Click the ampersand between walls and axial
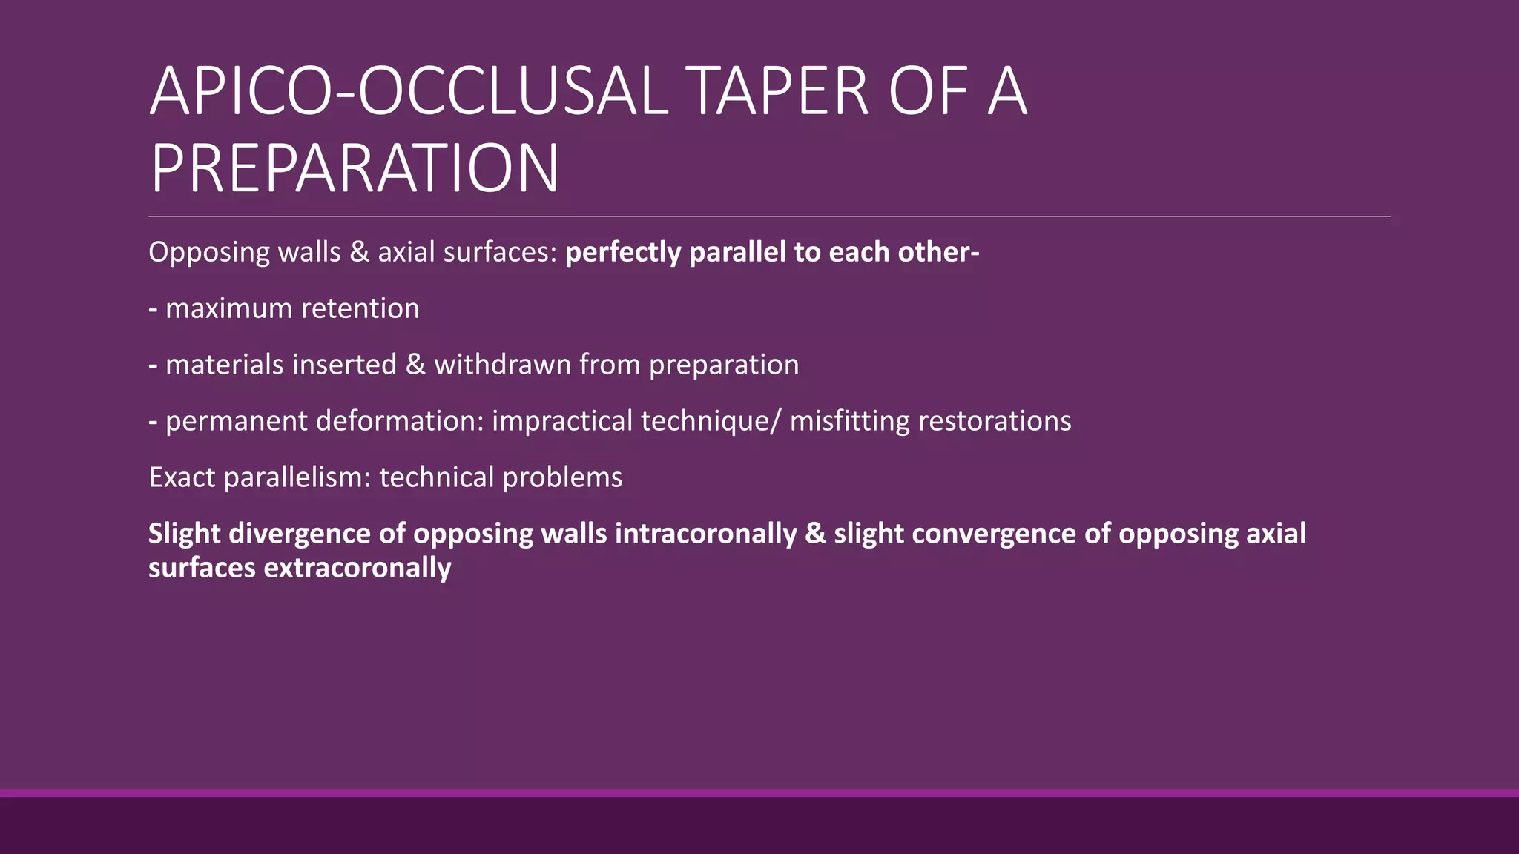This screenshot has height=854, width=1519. point(359,252)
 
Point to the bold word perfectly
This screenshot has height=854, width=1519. point(623,252)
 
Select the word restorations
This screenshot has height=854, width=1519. point(995,421)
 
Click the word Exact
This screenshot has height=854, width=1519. point(182,477)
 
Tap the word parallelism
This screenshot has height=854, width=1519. point(297,477)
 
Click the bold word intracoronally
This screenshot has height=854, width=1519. point(705,534)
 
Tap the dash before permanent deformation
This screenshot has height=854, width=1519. point(153,421)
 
